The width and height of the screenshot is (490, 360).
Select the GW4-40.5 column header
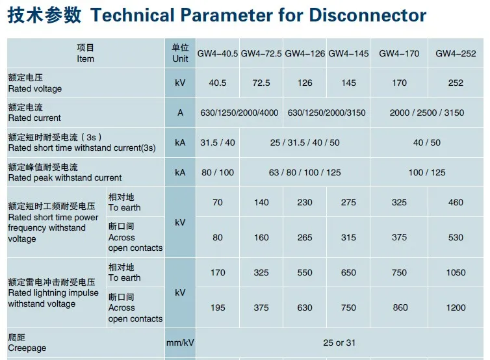tap(218, 53)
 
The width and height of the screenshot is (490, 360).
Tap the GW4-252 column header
tap(456, 53)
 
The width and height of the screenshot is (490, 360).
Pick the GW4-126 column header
tap(305, 53)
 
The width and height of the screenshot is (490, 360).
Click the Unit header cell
tap(180, 53)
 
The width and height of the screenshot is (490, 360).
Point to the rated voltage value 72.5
tap(261, 83)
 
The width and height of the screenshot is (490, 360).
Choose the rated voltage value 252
tap(456, 83)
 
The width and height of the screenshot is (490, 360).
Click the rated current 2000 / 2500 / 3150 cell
tap(427, 112)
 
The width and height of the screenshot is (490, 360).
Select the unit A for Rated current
tap(180, 112)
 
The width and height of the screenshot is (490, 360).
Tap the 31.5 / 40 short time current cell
tap(218, 142)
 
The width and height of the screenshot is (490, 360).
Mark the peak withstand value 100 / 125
tap(427, 172)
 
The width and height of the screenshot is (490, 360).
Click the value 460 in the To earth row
tap(456, 202)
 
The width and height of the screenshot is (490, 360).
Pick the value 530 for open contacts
tap(456, 237)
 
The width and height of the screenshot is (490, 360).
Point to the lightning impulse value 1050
tap(456, 272)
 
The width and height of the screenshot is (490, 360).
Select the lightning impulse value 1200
tap(456, 307)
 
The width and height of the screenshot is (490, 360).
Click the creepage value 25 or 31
tap(339, 342)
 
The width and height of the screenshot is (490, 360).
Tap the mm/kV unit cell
tap(180, 342)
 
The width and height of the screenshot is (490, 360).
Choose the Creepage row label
tap(27, 348)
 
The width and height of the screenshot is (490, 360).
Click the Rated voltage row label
tap(35, 88)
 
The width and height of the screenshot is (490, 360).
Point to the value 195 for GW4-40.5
tap(218, 307)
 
